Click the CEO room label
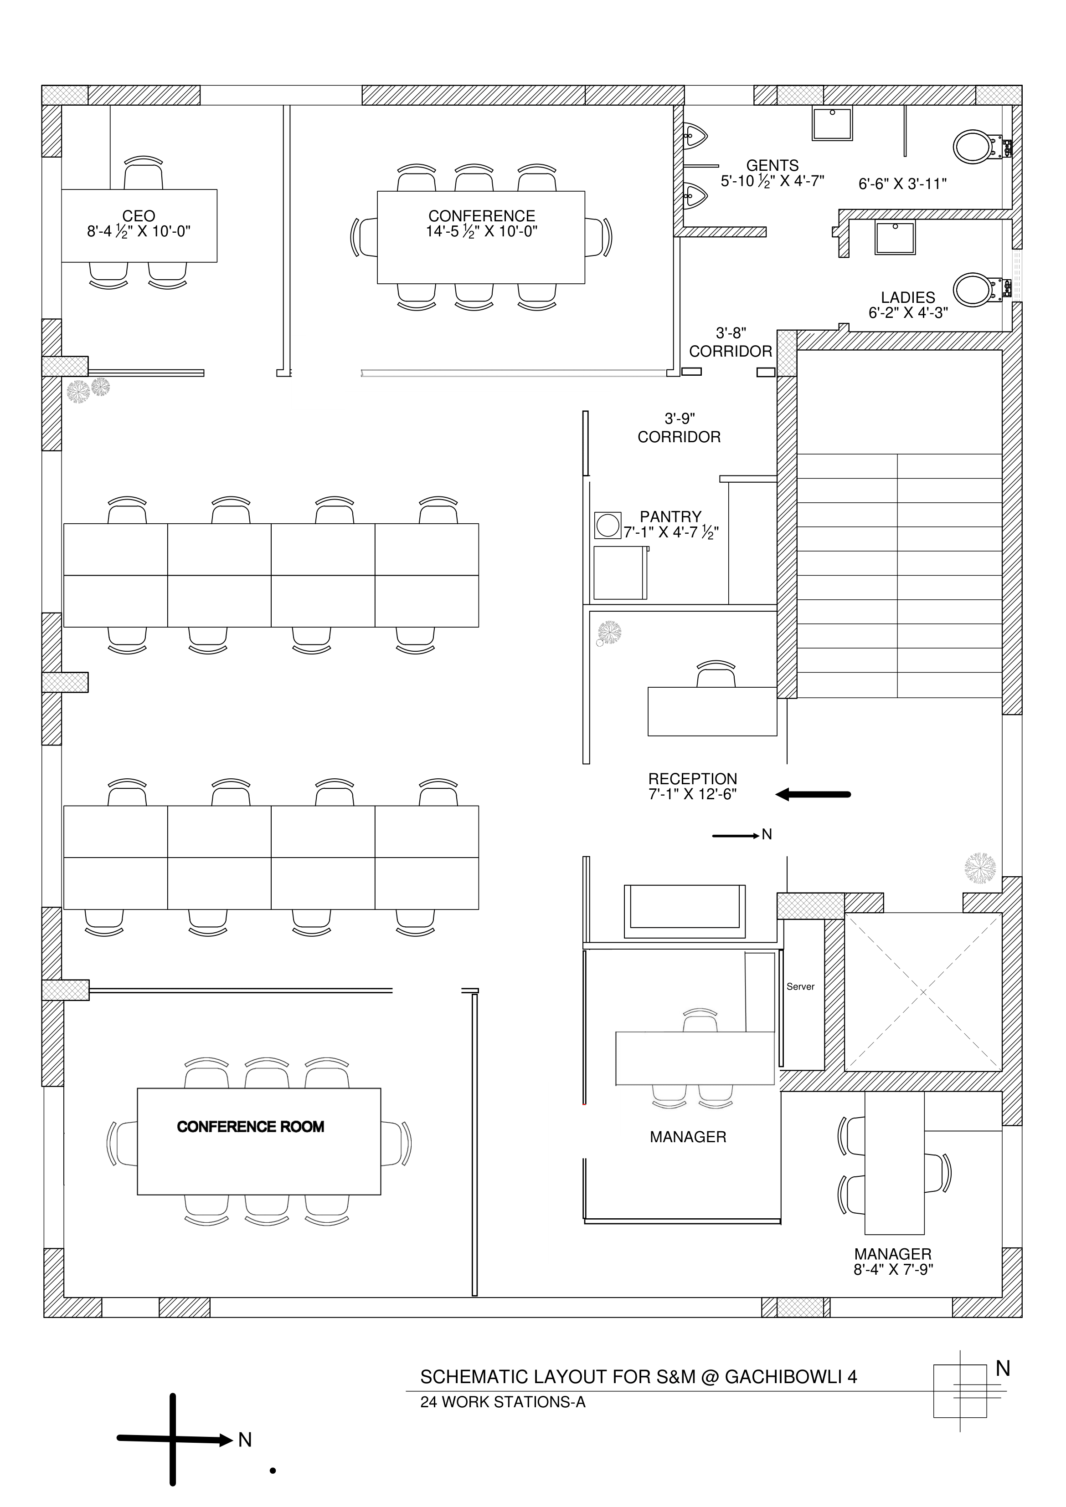139,216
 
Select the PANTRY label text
670,516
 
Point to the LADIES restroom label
908,297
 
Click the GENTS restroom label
772,165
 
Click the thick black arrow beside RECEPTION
813,794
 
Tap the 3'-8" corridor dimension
731,333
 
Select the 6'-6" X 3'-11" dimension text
902,184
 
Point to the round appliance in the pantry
608,525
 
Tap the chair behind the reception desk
716,674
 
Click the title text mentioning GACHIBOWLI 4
639,1376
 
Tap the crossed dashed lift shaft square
923,992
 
